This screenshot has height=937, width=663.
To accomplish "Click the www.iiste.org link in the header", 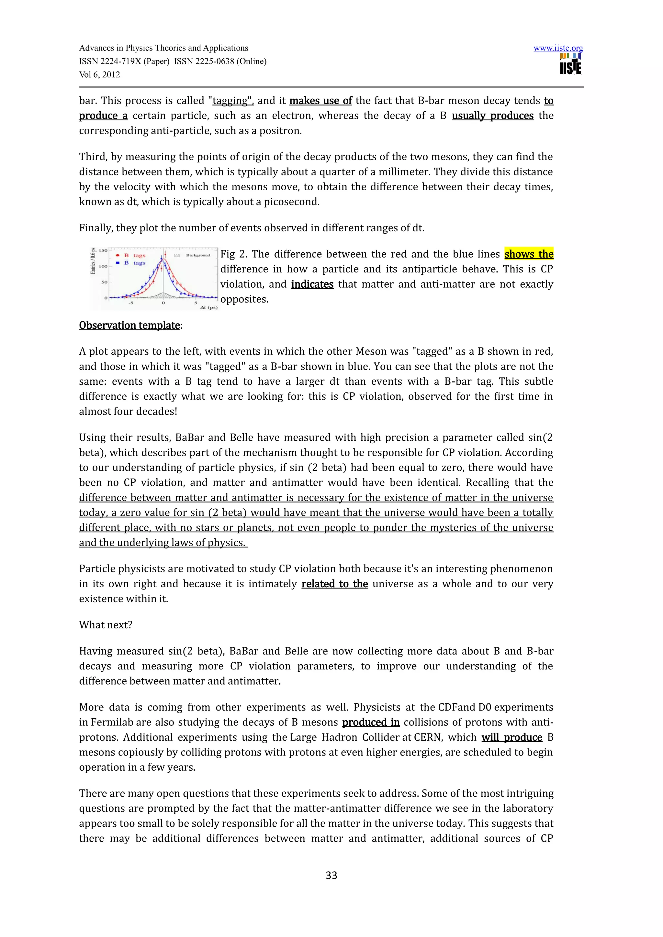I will coord(558,48).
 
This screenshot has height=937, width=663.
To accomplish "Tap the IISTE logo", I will coord(570,64).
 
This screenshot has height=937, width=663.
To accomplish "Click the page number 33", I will coord(331,875).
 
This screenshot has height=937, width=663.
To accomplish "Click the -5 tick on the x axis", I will coord(131,303).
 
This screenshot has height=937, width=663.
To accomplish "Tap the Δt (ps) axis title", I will coord(208,307).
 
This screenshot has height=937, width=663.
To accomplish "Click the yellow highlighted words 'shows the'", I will coord(529,254).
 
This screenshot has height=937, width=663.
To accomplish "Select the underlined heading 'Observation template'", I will coord(129,325).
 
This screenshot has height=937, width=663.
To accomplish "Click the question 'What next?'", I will coord(106,625).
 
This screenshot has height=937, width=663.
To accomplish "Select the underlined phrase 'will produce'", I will coord(511,737).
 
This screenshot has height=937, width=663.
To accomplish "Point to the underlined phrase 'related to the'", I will coord(334,584).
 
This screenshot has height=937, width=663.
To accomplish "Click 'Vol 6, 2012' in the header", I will coord(100,74).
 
